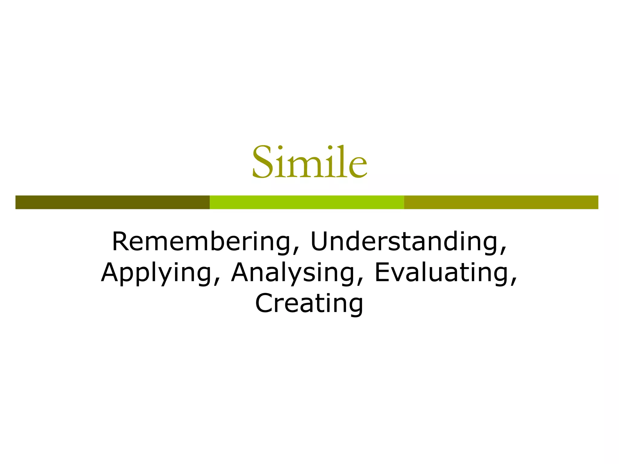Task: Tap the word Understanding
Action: coord(404,242)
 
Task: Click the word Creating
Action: coord(309,303)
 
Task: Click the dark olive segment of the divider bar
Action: coord(112,202)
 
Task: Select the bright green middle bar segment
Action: coord(307,202)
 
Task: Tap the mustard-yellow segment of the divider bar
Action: coord(501,202)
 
